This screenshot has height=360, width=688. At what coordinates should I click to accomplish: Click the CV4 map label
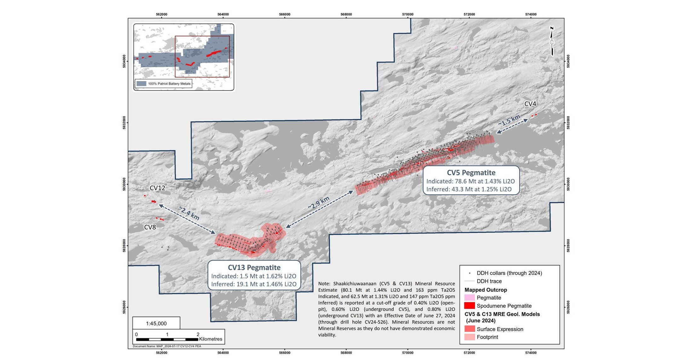click(x=530, y=104)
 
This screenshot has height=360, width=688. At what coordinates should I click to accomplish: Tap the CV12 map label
click(x=157, y=188)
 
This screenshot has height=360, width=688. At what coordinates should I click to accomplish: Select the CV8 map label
click(x=150, y=227)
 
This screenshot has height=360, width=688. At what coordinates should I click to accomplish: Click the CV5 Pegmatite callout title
click(x=471, y=173)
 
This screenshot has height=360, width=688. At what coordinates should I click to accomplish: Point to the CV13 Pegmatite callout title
click(x=254, y=267)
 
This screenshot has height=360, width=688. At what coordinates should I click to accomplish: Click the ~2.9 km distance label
click(x=319, y=203)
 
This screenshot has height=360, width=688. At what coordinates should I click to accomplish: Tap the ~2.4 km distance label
click(x=189, y=213)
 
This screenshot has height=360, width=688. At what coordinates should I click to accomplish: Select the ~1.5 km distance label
click(x=509, y=120)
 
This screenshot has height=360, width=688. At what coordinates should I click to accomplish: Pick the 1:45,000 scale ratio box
click(x=156, y=323)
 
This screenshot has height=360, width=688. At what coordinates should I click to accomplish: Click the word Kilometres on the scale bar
click(x=211, y=339)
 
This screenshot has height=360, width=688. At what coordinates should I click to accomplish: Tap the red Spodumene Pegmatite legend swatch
click(x=469, y=306)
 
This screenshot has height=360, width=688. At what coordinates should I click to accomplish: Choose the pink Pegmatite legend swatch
click(x=469, y=298)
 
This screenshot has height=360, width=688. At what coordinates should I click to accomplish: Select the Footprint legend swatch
click(x=469, y=337)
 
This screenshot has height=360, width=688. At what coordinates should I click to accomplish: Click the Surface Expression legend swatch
click(x=469, y=329)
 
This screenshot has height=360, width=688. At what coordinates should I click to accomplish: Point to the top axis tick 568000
click(x=346, y=14)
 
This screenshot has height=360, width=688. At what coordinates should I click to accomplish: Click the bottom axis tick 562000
click(x=162, y=353)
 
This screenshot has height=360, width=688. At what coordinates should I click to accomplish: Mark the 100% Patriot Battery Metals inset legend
click(x=164, y=84)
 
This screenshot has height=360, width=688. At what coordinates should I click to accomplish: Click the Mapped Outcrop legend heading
click(x=486, y=290)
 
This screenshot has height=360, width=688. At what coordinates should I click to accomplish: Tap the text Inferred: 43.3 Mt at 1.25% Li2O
click(x=469, y=189)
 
